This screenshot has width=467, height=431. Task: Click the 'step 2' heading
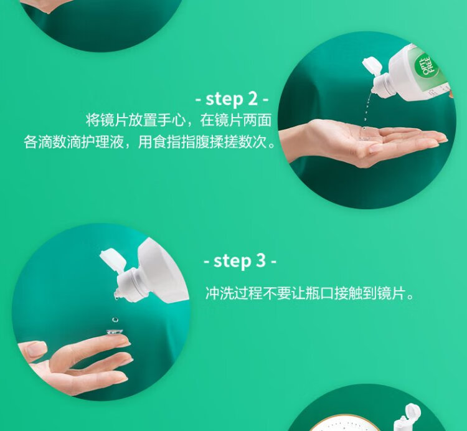[232, 99]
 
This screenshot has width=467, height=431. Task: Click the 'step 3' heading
[240, 261]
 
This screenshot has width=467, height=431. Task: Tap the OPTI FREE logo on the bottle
[428, 67]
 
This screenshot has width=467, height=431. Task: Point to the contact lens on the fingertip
[115, 331]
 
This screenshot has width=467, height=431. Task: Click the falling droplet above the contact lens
[115, 320]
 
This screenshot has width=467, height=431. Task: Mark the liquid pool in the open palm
[364, 133]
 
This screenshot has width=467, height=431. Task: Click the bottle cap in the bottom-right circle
[411, 412]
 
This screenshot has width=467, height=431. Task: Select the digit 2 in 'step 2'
[252, 98]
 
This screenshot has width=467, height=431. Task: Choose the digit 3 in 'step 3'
[260, 260]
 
